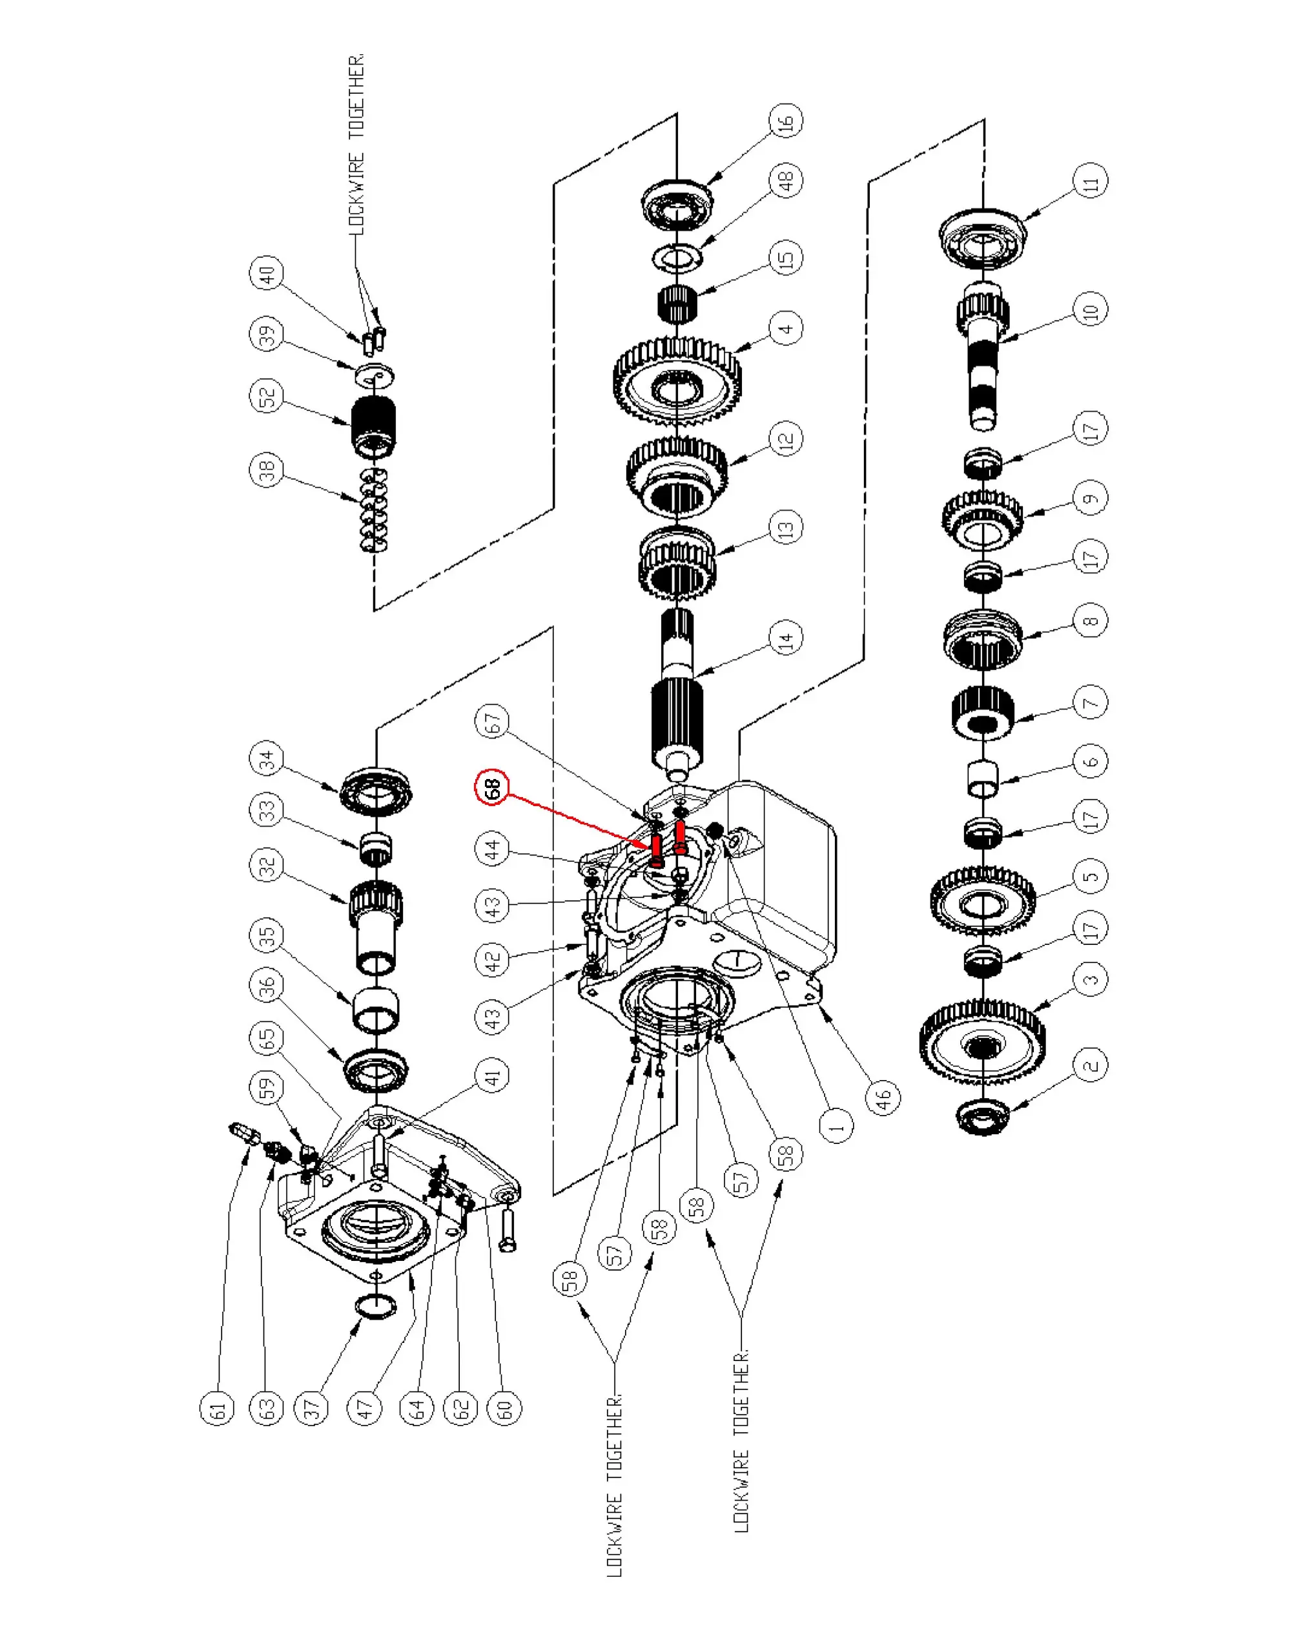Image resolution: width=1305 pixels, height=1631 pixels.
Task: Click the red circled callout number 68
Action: pyautogui.click(x=491, y=788)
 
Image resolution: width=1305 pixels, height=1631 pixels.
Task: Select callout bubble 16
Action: pyautogui.click(x=786, y=120)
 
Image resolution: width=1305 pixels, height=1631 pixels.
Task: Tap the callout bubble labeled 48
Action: pyautogui.click(x=786, y=181)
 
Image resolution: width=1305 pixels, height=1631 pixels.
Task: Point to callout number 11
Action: pyautogui.click(x=1090, y=182)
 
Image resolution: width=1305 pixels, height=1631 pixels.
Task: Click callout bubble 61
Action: pyautogui.click(x=217, y=1409)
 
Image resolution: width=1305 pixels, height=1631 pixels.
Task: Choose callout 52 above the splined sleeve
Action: pyautogui.click(x=266, y=396)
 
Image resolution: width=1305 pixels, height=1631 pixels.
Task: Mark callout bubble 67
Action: pyautogui.click(x=491, y=722)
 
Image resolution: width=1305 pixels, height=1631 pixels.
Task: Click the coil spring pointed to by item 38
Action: pyautogui.click(x=373, y=509)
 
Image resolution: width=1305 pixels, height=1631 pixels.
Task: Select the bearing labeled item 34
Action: pyautogui.click(x=376, y=792)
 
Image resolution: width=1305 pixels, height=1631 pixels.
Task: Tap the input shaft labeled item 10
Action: pyautogui.click(x=983, y=355)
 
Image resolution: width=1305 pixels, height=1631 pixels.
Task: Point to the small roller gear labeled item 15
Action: pyautogui.click(x=677, y=304)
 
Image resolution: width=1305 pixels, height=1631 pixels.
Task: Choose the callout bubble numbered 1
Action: pyautogui.click(x=836, y=1127)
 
